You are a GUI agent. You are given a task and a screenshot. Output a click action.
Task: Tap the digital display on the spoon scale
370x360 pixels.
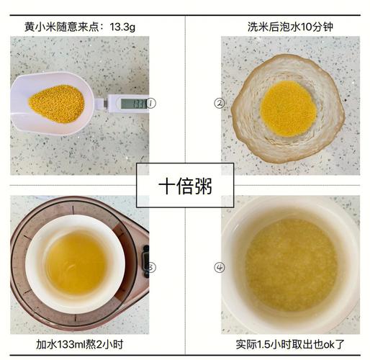[x=134, y=103]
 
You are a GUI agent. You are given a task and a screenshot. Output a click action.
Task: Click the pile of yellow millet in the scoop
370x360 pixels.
[x=56, y=103]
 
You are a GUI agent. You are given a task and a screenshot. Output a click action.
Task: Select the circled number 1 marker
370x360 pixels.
[x=151, y=103]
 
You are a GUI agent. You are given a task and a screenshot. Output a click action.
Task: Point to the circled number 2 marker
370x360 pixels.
[x=220, y=103]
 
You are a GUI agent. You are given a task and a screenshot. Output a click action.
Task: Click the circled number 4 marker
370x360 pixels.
[x=220, y=268]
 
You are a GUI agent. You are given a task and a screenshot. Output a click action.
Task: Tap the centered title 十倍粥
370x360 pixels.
[x=184, y=184]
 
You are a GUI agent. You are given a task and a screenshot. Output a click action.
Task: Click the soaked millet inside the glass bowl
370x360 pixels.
[x=288, y=108]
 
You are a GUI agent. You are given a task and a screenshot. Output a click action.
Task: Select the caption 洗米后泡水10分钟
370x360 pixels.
[x=288, y=27]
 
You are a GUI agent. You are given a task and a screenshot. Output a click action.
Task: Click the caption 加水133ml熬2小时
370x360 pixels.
[x=82, y=346]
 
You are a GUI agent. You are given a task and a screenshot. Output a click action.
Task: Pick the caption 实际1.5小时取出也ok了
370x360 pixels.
[x=290, y=346]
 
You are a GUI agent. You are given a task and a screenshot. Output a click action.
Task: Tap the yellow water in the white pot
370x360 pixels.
[x=76, y=263]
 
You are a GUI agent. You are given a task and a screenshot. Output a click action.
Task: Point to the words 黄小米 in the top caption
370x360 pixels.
[x=38, y=27]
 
